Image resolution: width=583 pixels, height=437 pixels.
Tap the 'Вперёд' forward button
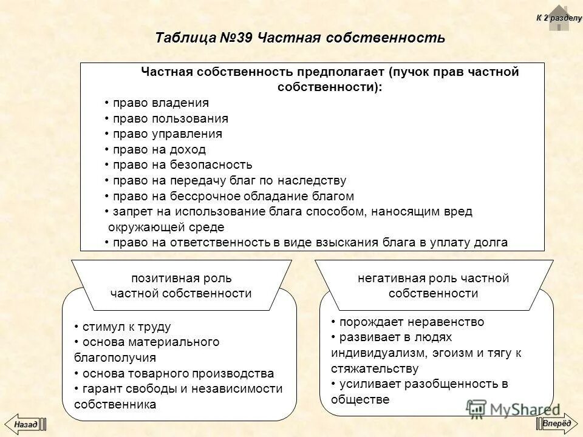[x=556, y=423]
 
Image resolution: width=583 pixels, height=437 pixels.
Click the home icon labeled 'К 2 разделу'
[x=559, y=18]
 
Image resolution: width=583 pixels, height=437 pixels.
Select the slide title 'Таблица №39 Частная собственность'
[x=300, y=38]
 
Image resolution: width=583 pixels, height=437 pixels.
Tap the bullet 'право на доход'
[x=159, y=149]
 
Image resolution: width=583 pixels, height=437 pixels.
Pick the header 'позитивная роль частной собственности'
[x=181, y=285]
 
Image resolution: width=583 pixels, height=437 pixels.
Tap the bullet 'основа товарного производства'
[x=178, y=373]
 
